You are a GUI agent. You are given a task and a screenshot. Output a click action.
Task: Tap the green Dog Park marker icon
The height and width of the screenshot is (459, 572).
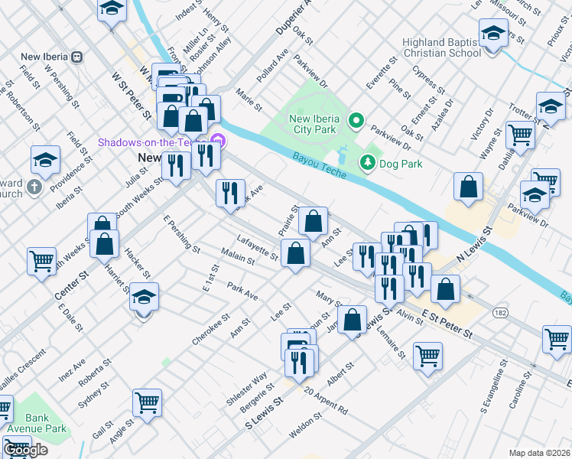tap(368, 162)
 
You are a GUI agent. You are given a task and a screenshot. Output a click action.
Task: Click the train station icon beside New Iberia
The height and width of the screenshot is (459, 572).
tap(76, 57)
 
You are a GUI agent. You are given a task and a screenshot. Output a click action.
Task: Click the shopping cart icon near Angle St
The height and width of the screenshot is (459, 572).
tap(147, 401)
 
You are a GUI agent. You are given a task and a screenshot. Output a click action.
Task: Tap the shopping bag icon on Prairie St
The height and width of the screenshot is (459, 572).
tap(313, 221)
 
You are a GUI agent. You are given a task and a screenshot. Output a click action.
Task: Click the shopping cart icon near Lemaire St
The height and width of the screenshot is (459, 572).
tap(427, 354)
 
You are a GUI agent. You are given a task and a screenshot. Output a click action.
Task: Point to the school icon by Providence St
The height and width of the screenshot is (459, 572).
tap(46, 160)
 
